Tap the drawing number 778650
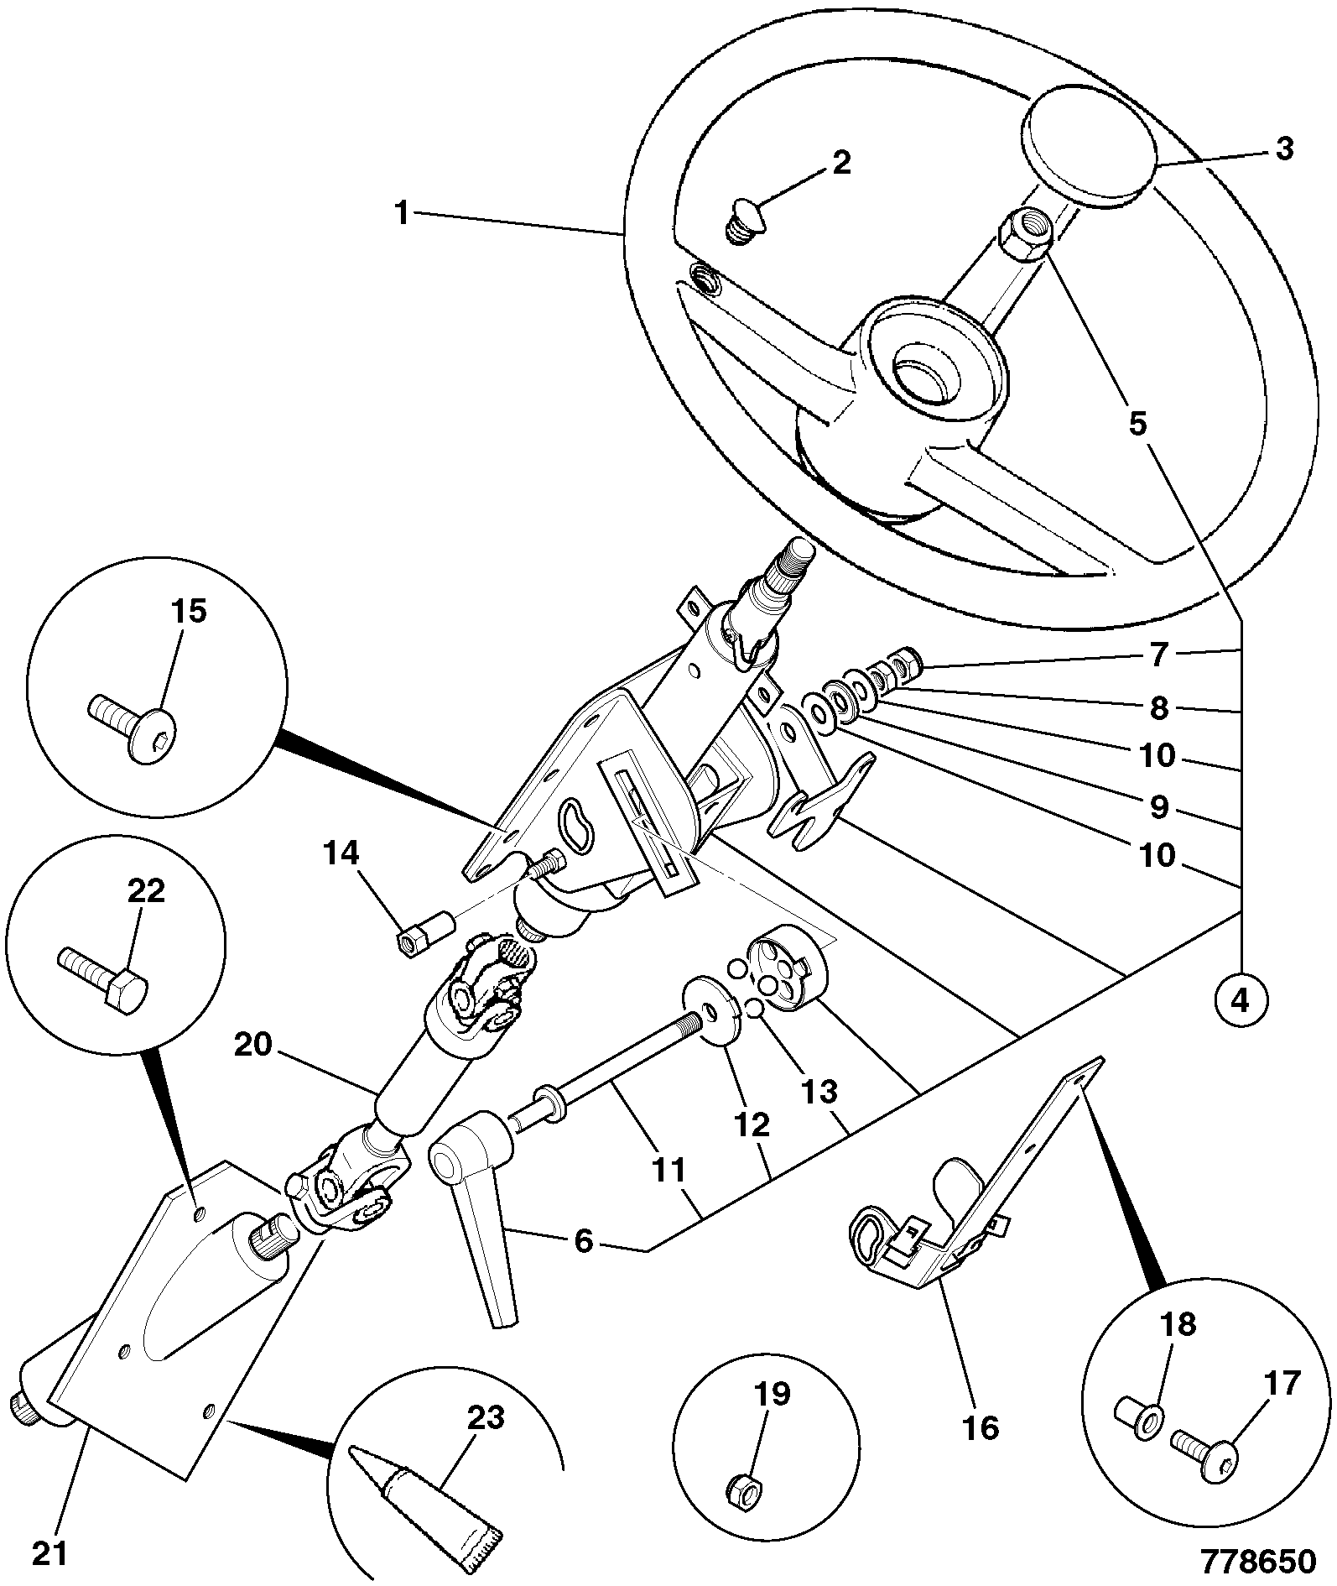(1259, 1561)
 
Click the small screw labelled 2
(741, 220)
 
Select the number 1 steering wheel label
(403, 213)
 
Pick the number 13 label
(819, 1092)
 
